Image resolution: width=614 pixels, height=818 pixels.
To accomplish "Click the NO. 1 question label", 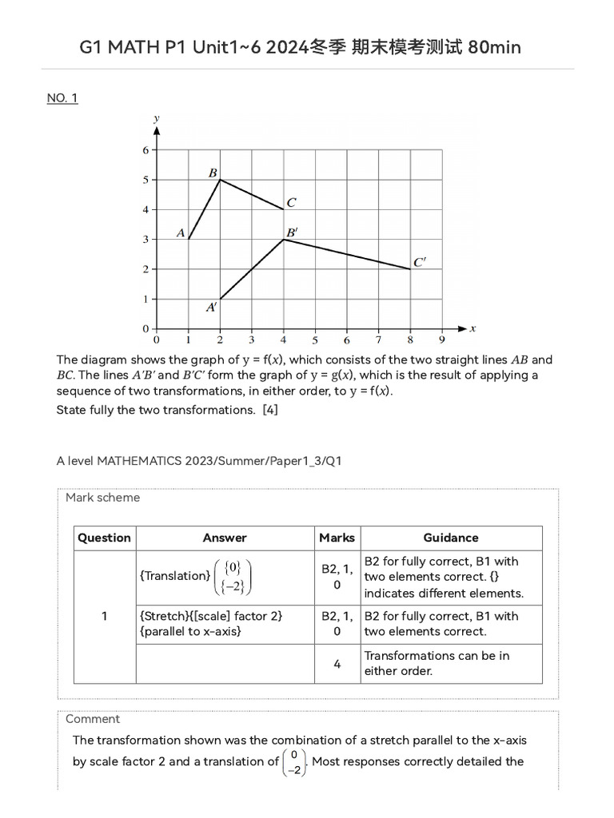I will pyautogui.click(x=62, y=98).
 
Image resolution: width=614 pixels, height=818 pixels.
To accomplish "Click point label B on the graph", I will pyautogui.click(x=213, y=173).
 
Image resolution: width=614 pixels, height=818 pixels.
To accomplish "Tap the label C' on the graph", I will pyautogui.click(x=420, y=262).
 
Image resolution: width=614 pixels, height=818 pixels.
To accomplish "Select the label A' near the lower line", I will pyautogui.click(x=212, y=307).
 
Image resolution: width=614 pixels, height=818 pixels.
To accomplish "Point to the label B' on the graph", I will pyautogui.click(x=293, y=232).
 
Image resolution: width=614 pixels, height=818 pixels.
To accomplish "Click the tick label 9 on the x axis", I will pyautogui.click(x=442, y=340).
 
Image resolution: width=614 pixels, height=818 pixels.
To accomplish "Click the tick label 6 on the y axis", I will pyautogui.click(x=146, y=150).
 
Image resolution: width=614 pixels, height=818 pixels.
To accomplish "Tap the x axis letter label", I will pyautogui.click(x=472, y=328).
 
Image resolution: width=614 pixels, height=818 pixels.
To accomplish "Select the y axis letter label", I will pyautogui.click(x=156, y=119).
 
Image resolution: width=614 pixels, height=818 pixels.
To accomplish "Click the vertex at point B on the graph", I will pyautogui.click(x=220, y=180).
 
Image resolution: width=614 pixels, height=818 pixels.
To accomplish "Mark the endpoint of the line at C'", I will pyautogui.click(x=410, y=269).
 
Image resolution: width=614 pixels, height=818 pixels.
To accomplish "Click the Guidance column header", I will pyautogui.click(x=451, y=538).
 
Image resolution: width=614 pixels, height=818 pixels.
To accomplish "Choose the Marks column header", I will pyautogui.click(x=337, y=538).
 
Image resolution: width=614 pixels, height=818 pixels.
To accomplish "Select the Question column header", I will pyautogui.click(x=104, y=538).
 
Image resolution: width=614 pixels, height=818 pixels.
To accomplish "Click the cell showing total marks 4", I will pyautogui.click(x=337, y=664).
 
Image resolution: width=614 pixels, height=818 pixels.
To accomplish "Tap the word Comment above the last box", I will pyautogui.click(x=93, y=719).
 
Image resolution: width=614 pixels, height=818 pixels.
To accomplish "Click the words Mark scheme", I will pyautogui.click(x=102, y=498).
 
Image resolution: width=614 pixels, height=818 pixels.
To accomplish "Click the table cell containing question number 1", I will pyautogui.click(x=104, y=616).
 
